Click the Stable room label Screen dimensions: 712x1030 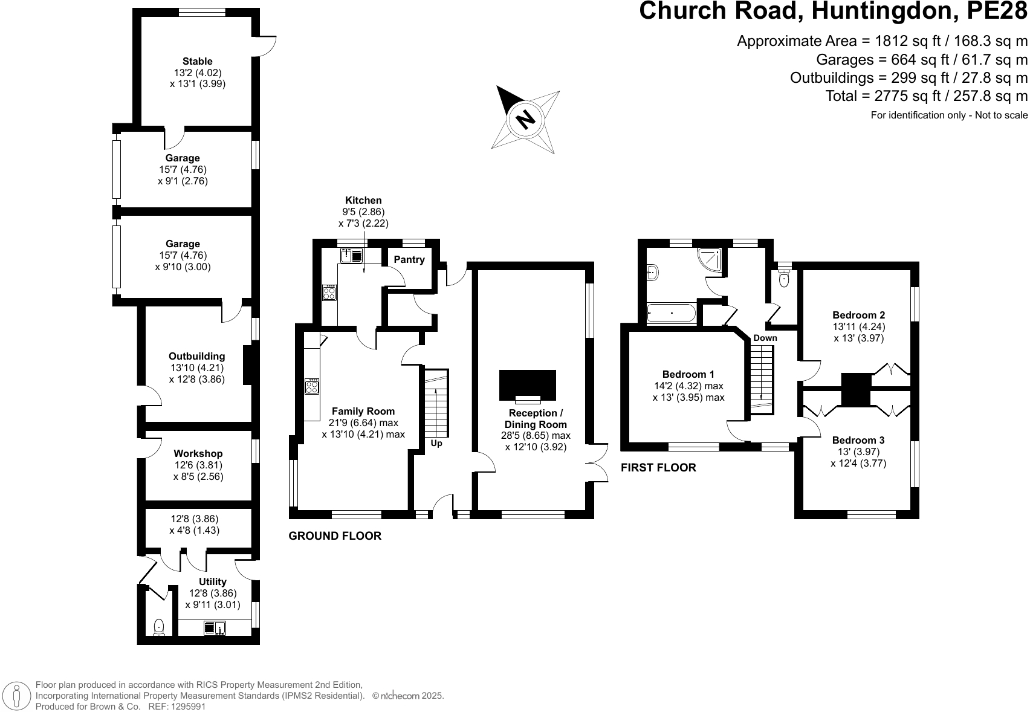pos(197,61)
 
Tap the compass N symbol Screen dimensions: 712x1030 pos(526,118)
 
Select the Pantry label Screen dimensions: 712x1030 pos(409,259)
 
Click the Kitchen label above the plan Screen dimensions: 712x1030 pos(363,200)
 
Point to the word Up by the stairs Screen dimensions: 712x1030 pos(436,443)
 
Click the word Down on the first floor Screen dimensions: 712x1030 pos(765,338)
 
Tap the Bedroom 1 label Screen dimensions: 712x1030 pos(688,374)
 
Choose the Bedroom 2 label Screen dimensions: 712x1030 pos(858,315)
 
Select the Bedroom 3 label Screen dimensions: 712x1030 pos(858,440)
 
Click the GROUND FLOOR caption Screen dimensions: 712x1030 pos(335,536)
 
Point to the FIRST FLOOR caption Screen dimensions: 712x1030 pos(658,467)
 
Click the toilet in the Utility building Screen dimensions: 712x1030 pos(159,626)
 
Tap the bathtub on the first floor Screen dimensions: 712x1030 pos(671,314)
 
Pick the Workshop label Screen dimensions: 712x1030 pos(198,453)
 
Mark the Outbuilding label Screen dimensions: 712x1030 pos(196,356)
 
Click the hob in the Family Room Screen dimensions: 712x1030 pos(312,386)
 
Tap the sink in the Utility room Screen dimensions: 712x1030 pos(215,628)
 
